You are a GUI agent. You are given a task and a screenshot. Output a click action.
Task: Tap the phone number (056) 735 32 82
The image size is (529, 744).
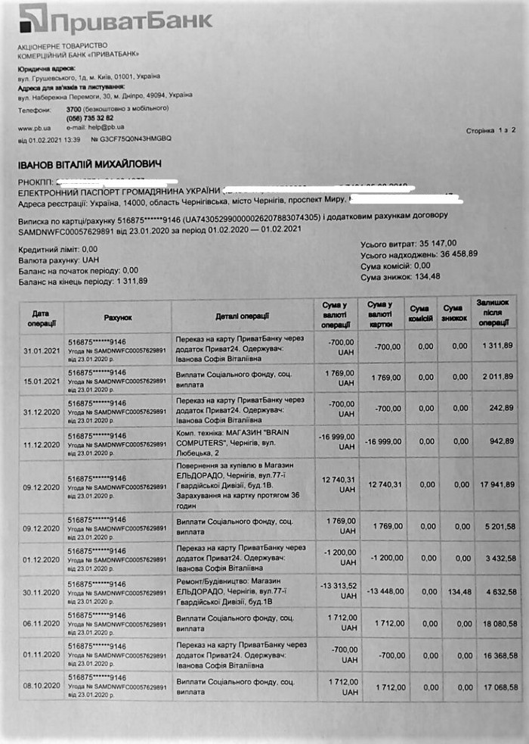pyautogui.click(x=89, y=118)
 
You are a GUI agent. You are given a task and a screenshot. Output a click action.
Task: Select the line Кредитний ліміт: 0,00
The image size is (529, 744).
pyautogui.click(x=57, y=248)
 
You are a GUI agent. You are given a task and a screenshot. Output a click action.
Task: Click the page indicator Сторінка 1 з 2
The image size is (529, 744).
pyautogui.click(x=490, y=131)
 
